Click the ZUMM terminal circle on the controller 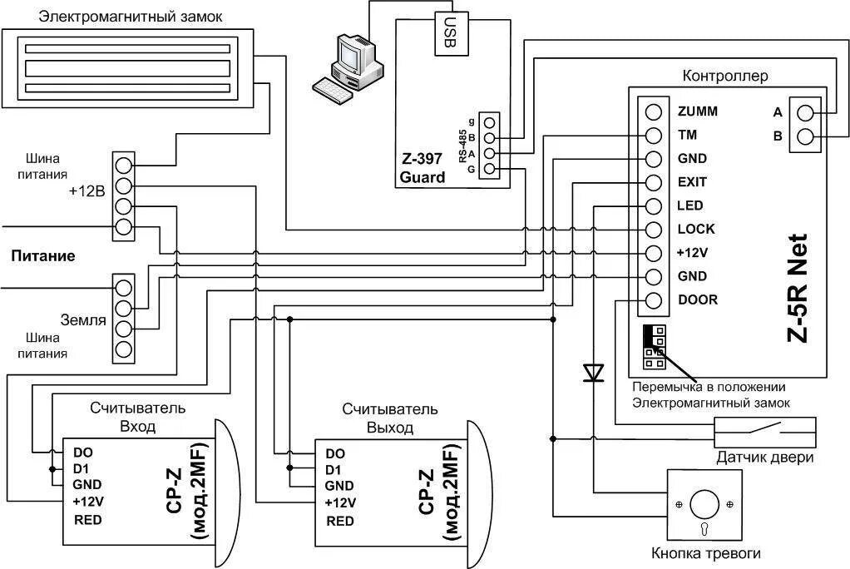coord(654,111)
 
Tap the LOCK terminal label coord(696,229)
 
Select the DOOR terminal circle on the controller coord(654,300)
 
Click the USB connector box coord(451,33)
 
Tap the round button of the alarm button coord(704,505)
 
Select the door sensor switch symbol coord(765,432)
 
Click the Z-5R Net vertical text coord(797,288)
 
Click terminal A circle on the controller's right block coord(806,113)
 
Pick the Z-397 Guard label coord(423,168)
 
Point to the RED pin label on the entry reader coord(88,520)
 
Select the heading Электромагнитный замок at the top coord(130,17)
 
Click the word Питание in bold coord(43,256)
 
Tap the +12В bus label coord(86,191)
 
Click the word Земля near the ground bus coord(83,319)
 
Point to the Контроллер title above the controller coord(724,76)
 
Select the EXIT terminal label coord(692,181)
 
